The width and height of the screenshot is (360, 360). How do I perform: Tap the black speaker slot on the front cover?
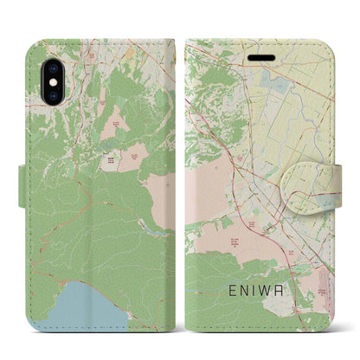coord(260,54)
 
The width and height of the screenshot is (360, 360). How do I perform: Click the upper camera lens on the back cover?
coord(40,52)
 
